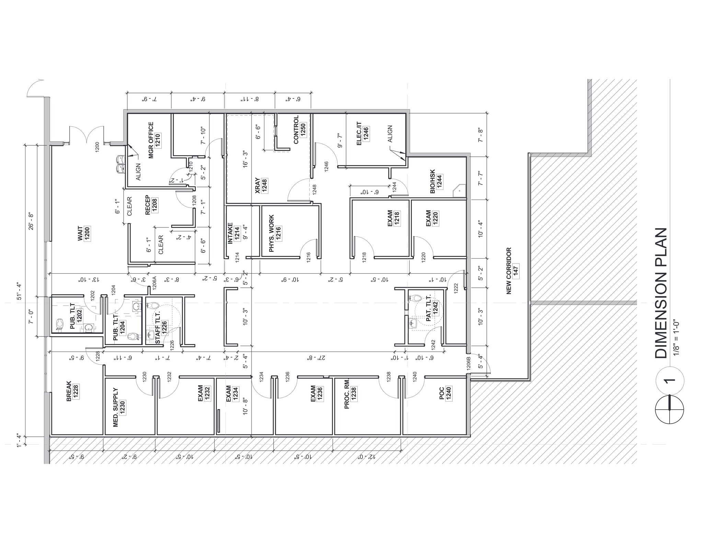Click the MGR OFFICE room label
click(151, 140)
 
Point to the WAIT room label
click(81, 234)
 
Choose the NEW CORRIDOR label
click(509, 271)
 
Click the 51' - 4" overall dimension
click(19, 292)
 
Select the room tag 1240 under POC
click(448, 394)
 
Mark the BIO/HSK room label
click(433, 181)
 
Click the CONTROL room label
click(296, 129)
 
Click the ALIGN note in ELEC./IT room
click(390, 134)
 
